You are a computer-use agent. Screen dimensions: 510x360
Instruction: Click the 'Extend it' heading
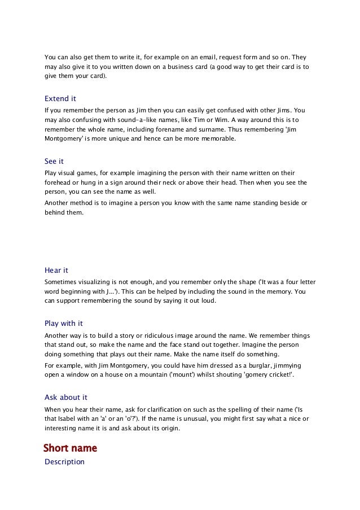tap(60, 98)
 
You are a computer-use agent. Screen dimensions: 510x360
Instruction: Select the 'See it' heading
tap(54, 161)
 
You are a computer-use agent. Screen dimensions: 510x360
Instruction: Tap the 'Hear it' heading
tap(56, 270)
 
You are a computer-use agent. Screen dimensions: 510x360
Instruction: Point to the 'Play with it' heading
tap(64, 324)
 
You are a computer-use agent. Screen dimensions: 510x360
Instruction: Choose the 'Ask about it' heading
tap(66, 397)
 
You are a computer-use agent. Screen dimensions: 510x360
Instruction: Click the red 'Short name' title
tap(71, 448)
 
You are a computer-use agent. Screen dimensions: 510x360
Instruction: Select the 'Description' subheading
tap(64, 462)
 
